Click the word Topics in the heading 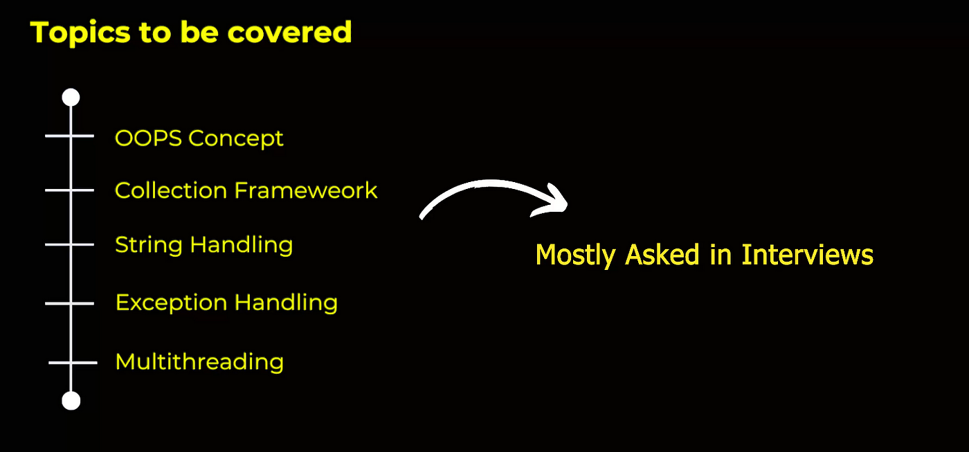tap(80, 33)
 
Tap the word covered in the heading tap(289, 33)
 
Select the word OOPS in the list tap(148, 138)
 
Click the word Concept tap(236, 139)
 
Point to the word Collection tap(171, 190)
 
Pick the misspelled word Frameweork tap(306, 190)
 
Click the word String tap(149, 246)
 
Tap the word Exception tap(172, 302)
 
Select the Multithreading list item tap(199, 361)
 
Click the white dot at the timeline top tap(71, 98)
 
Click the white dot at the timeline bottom tap(71, 401)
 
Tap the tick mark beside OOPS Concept tap(70, 136)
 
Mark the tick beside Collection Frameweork tap(70, 190)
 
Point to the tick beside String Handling tap(70, 245)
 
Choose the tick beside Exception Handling tap(70, 304)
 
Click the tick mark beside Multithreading tap(73, 363)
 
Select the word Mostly tap(575, 255)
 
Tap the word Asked tap(662, 254)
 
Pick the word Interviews tap(807, 254)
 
